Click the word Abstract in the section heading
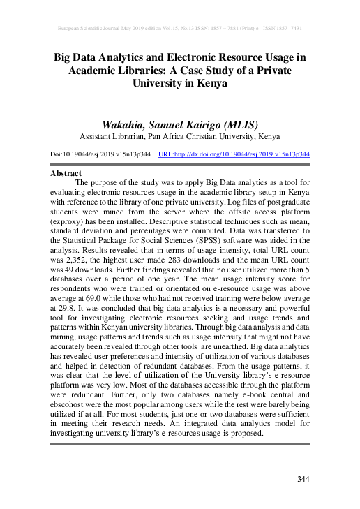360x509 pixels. click(x=66, y=173)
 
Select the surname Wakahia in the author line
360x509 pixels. click(x=127, y=123)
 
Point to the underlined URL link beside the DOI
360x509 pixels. click(x=234, y=154)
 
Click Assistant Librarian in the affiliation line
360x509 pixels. click(x=113, y=136)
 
